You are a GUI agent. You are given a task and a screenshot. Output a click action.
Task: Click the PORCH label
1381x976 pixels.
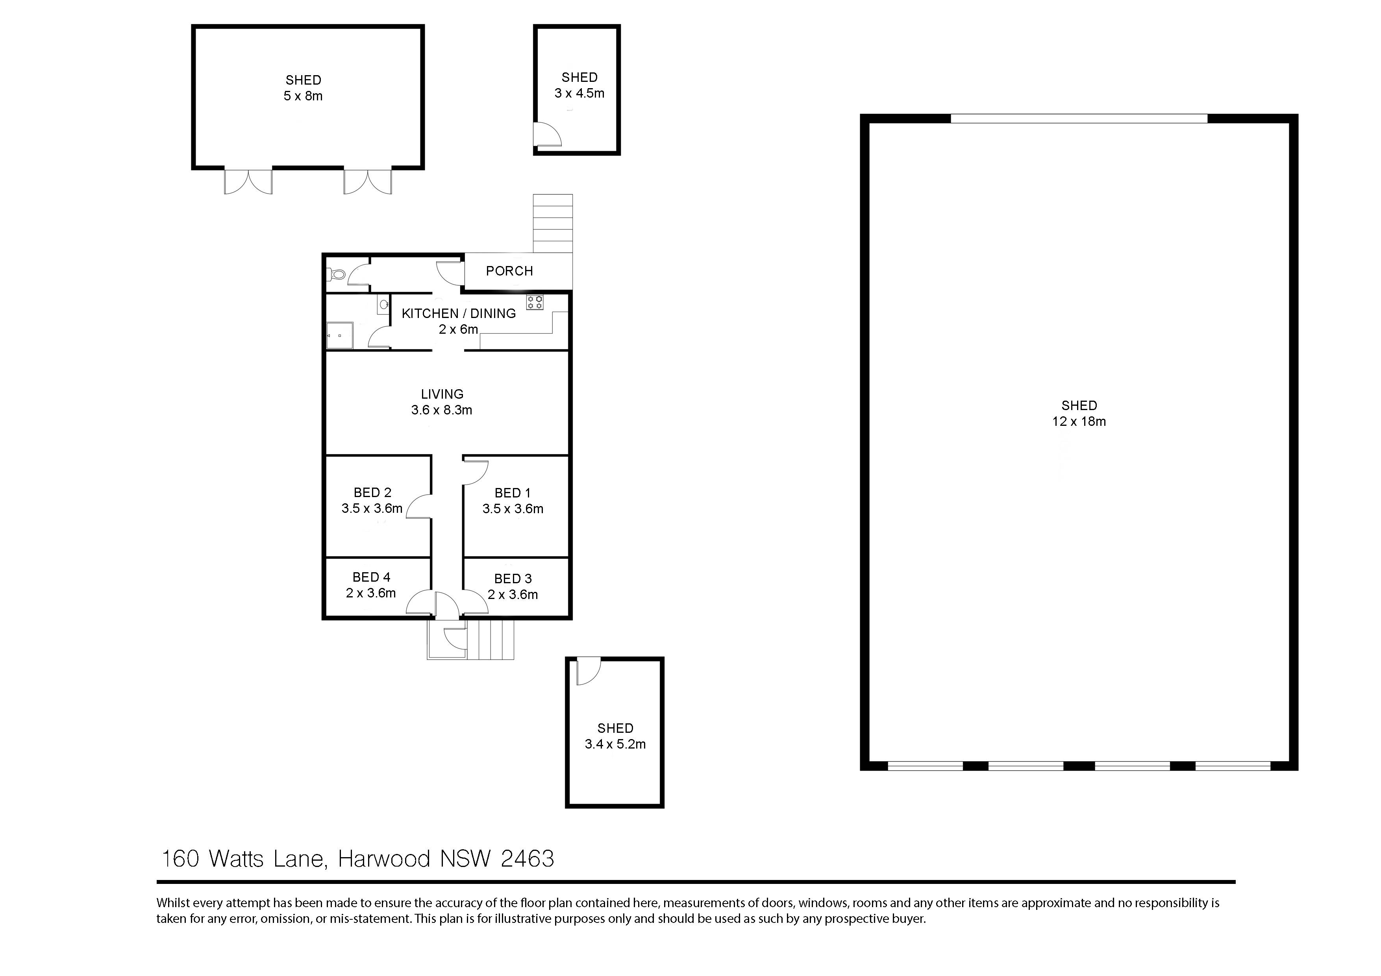(509, 271)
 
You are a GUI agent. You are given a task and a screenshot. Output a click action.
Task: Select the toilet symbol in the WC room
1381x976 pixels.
(337, 275)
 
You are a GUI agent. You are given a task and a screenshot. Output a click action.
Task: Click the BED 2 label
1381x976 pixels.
(372, 492)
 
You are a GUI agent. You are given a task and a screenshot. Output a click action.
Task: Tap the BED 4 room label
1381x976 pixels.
(371, 577)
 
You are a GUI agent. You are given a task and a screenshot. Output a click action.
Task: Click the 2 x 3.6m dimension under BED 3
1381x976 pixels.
(513, 595)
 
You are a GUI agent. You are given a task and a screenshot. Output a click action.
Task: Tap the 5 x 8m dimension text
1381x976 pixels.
(303, 96)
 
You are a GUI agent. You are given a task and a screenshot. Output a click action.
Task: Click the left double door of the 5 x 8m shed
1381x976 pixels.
(248, 181)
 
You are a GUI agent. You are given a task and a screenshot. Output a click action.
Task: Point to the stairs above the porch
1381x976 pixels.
(552, 223)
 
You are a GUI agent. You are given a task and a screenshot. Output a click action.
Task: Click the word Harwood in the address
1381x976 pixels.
(384, 859)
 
